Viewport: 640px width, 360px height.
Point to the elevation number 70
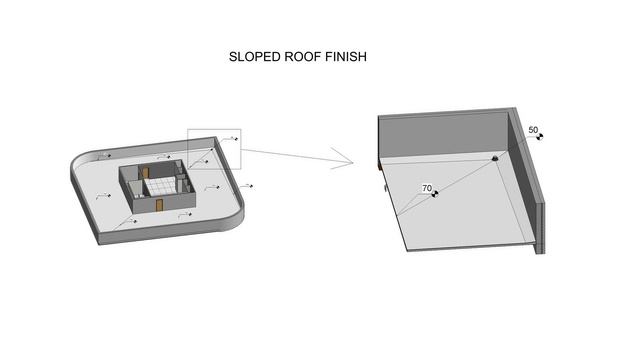[427, 188]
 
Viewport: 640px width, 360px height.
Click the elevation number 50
[533, 130]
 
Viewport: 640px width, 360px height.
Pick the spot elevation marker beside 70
[435, 194]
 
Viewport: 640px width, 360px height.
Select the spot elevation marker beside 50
[540, 137]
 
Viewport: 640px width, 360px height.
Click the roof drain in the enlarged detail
[495, 158]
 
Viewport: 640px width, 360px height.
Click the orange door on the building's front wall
[159, 205]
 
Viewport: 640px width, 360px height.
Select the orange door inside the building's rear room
[145, 173]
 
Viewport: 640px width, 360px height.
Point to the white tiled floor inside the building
[160, 187]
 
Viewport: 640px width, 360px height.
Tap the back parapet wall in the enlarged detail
[444, 135]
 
